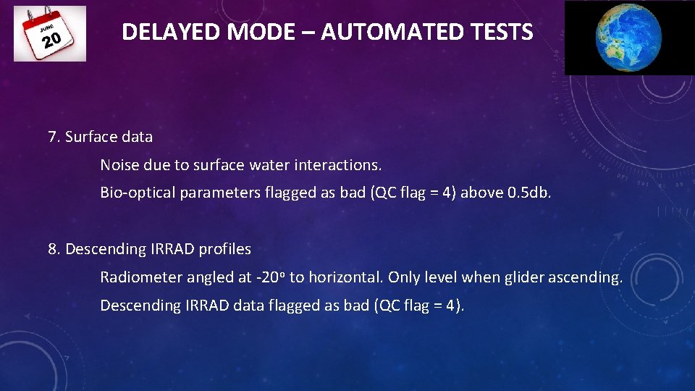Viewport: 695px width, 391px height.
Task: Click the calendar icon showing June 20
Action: click(49, 33)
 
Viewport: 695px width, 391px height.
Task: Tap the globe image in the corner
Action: click(628, 37)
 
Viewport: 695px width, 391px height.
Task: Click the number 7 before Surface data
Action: click(53, 136)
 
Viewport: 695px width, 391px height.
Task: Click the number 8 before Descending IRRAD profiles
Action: click(53, 249)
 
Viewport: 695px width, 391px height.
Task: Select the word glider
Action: click(524, 277)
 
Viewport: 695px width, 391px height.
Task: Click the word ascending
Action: click(589, 277)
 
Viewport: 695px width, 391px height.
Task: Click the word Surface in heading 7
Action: click(90, 136)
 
